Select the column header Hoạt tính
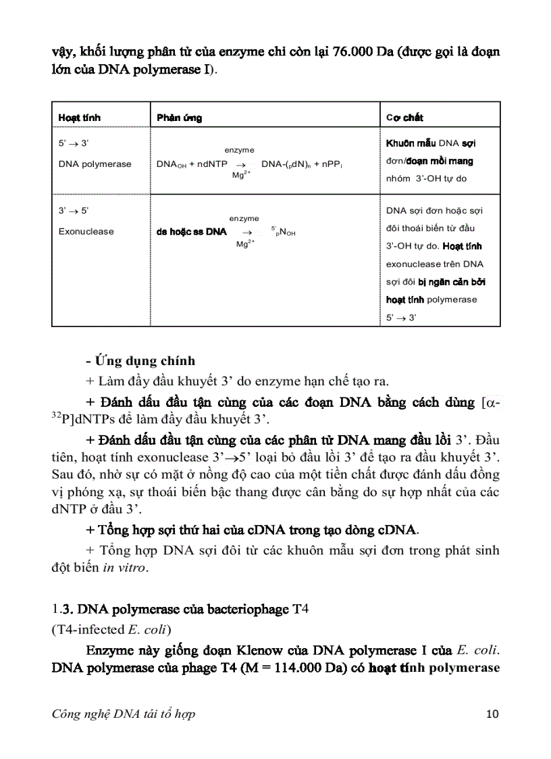click(79, 118)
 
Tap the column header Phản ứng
click(179, 118)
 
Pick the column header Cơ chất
click(404, 118)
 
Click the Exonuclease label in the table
click(86, 232)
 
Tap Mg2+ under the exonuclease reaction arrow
click(245, 244)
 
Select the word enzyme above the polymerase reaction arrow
click(239, 150)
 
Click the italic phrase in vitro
click(124, 568)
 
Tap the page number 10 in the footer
click(492, 714)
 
